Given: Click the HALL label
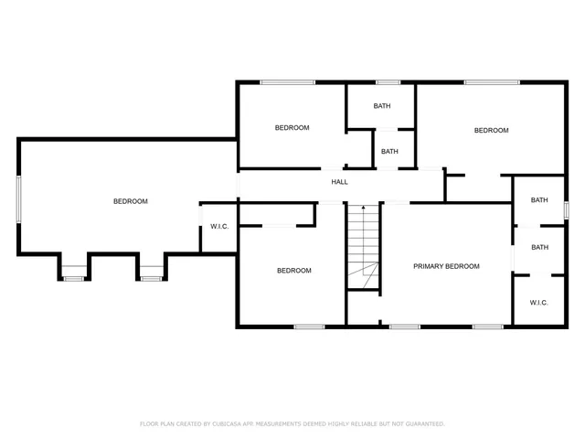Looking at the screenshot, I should pos(339,182).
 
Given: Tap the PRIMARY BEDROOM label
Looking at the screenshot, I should pos(446,266).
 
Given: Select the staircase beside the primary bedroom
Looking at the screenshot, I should pos(363,247).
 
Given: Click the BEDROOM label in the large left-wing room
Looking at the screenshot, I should pos(130,201).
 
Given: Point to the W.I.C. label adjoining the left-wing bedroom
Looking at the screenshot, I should pos(219,226).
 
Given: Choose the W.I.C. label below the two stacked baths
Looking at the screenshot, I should pos(538,303).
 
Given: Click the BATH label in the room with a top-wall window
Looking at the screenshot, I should pos(381,106).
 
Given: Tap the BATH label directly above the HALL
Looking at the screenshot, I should pos(389,152).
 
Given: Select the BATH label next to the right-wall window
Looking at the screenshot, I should pos(539,200).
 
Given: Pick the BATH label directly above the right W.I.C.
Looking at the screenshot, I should pos(539,247).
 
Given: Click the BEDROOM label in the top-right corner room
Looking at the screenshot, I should pos(491,131).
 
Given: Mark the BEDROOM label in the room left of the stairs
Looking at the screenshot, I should pos(294,271).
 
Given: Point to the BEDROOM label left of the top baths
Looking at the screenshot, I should pos(292,128).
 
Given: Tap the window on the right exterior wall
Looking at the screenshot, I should pos(566,209).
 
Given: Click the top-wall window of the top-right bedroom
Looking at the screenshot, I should pos(491,83).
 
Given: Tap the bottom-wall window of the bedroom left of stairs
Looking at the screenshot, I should pos(309,326).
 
